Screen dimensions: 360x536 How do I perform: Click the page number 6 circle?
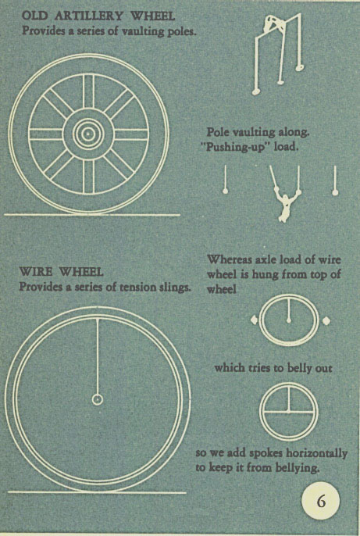tap(321, 501)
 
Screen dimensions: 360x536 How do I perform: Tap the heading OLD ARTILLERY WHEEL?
tap(98, 16)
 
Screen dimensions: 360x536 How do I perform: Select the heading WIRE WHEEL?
tap(61, 272)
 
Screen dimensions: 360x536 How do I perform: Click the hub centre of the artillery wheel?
tap(88, 134)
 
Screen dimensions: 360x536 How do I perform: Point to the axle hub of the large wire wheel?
tap(98, 399)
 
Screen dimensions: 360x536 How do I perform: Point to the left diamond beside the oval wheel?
tap(254, 320)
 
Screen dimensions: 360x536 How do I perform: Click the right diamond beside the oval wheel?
tap(326, 320)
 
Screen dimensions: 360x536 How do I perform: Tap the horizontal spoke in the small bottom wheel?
tap(289, 413)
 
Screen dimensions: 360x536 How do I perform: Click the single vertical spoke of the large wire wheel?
tap(98, 356)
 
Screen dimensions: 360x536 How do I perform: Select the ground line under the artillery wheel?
tap(92, 215)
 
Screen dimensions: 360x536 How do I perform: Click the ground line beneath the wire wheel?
tap(97, 492)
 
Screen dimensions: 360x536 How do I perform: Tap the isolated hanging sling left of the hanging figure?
tap(225, 180)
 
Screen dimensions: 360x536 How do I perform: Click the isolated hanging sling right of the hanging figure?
tap(335, 180)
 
